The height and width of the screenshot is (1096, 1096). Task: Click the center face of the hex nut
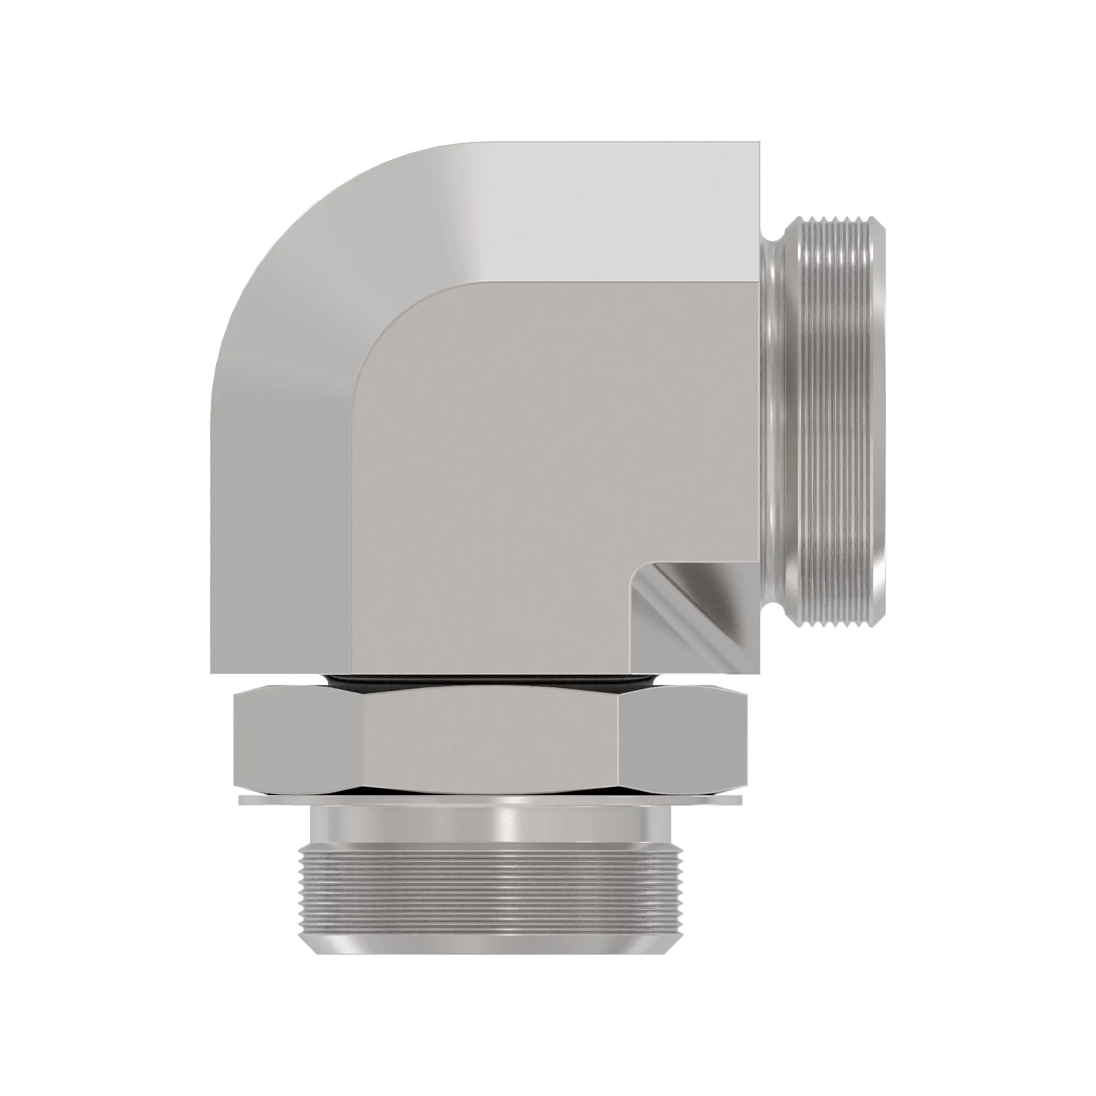(491, 738)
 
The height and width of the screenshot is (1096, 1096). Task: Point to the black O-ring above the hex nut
(491, 680)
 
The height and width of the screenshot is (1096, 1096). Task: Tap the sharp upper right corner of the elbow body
(758, 144)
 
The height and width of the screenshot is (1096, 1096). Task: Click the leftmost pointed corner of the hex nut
(234, 738)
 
